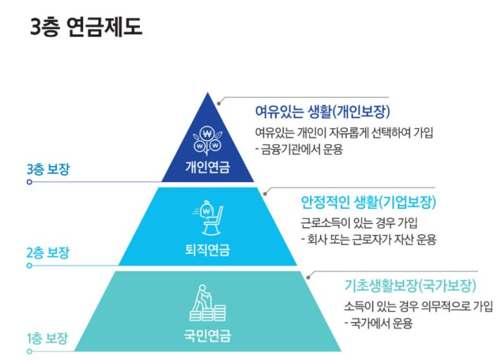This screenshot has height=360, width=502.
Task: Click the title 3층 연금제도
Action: click(86, 27)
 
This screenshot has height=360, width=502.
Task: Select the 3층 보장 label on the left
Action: click(48, 169)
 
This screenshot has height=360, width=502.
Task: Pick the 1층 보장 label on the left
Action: click(48, 338)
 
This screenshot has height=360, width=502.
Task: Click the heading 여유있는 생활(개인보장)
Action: click(322, 112)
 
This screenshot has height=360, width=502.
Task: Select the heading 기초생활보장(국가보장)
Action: click(411, 285)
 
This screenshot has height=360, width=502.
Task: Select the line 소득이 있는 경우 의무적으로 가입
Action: click(418, 307)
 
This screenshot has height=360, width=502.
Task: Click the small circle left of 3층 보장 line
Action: click(30, 181)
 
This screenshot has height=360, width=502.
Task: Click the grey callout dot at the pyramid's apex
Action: click(219, 103)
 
